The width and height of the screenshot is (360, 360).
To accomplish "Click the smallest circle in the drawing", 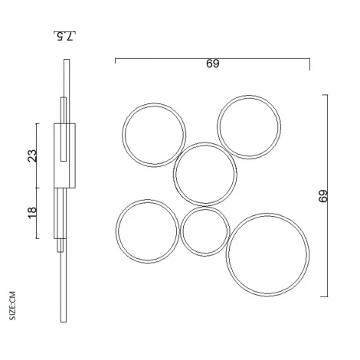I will (205, 231).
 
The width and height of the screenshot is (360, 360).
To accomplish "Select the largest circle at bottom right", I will (268, 255).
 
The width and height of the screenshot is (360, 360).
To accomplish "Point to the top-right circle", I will (247, 126).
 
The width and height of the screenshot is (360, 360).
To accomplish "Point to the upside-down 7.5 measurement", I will (67, 35).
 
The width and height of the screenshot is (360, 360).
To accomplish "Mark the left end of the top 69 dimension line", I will (116, 58).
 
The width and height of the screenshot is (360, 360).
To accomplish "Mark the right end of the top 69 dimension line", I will (309, 58).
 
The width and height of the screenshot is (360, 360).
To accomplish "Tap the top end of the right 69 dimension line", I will (327, 95).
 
